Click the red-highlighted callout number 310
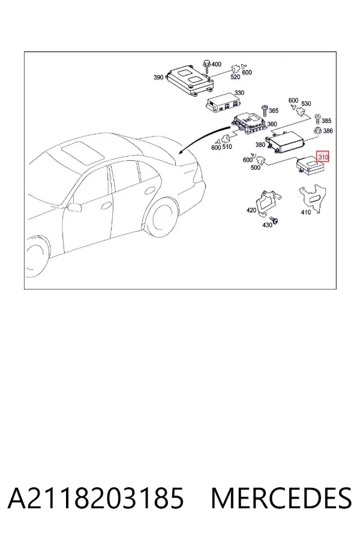point(323,157)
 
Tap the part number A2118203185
point(96,498)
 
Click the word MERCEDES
point(281,498)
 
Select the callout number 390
point(158,77)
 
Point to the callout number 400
point(217,64)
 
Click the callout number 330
point(239,92)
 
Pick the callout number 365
point(274,110)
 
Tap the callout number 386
point(328,131)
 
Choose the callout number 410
point(306,212)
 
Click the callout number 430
point(268,225)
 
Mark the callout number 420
point(251,210)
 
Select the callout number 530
point(306,104)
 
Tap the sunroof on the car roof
point(82,152)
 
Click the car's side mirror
point(74,206)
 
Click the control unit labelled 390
point(190,81)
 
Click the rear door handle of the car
point(150,190)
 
